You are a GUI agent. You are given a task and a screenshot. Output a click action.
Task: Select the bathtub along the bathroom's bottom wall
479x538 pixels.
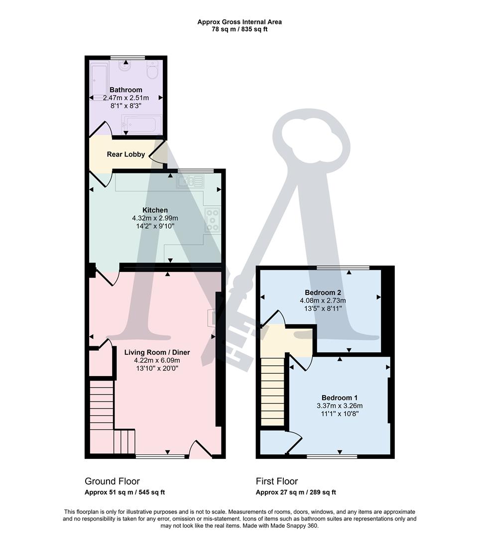(142, 124)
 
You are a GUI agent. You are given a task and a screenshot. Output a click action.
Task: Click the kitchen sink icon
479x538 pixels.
(189, 182)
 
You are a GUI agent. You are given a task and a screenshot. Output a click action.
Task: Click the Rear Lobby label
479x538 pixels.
(126, 154)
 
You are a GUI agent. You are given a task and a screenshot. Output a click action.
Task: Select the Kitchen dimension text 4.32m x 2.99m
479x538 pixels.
(155, 218)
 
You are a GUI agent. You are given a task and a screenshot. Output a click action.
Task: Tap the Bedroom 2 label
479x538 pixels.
(323, 292)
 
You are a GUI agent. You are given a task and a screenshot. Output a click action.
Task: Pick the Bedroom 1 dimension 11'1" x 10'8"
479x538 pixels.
(339, 413)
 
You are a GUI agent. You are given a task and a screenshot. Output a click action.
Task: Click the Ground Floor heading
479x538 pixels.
(112, 481)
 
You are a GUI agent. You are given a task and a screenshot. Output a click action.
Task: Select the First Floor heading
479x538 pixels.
(277, 481)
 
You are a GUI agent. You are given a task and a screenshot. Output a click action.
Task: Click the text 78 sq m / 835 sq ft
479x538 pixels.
(239, 29)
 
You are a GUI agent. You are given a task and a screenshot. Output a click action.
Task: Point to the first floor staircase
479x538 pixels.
(272, 394)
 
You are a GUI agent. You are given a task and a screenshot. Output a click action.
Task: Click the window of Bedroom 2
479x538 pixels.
(343, 268)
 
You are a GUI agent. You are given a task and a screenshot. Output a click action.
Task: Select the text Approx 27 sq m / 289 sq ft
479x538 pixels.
(296, 492)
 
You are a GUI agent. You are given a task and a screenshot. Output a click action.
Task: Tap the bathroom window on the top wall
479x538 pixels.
(127, 57)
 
